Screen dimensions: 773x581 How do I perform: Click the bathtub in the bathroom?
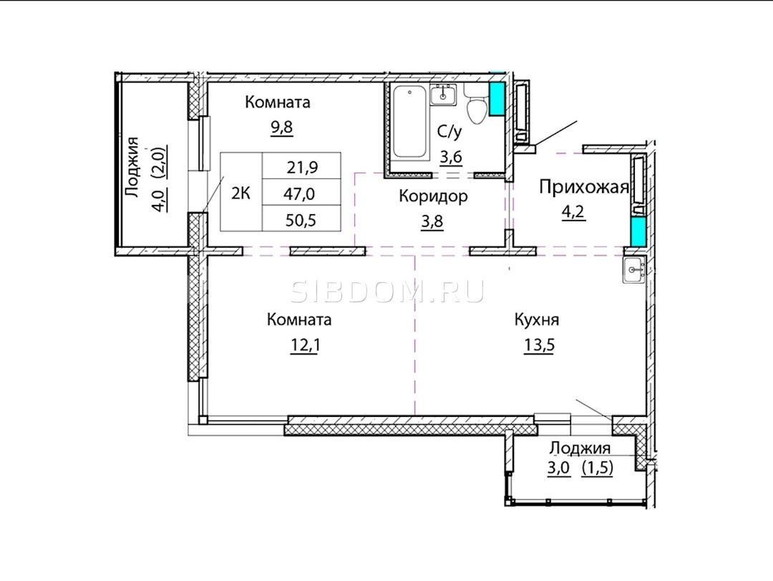point(409,122)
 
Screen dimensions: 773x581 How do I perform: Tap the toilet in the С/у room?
point(476,105)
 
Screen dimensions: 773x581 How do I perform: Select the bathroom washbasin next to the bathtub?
point(443,95)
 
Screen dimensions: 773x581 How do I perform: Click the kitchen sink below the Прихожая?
point(634,271)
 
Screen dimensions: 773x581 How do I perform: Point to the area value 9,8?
point(281,128)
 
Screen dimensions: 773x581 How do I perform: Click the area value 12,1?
point(305,345)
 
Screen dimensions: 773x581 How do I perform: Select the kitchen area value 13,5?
point(539,345)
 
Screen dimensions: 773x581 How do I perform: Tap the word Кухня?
point(536,320)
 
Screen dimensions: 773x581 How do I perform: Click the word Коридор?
point(433,196)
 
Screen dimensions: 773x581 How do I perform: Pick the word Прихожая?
point(584,188)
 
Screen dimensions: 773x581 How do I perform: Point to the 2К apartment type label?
point(241,193)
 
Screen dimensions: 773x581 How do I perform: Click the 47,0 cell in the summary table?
point(299,194)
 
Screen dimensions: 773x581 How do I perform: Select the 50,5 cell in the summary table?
point(301,220)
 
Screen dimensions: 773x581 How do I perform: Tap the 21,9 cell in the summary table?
point(302,168)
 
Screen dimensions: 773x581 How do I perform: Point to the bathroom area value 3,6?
point(451,158)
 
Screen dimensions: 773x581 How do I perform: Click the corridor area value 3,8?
point(432,221)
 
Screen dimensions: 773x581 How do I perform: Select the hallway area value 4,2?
point(573,212)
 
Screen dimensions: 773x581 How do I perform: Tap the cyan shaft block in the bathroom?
point(497,99)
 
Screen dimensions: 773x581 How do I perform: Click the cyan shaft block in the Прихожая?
point(638,232)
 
